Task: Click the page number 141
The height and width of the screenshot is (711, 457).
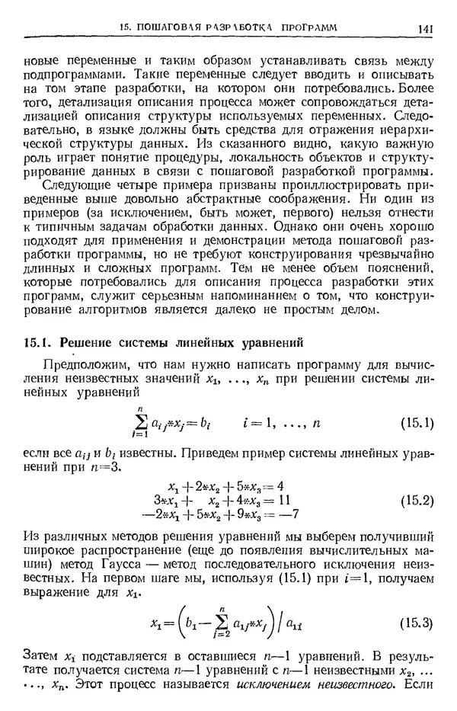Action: (426, 29)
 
